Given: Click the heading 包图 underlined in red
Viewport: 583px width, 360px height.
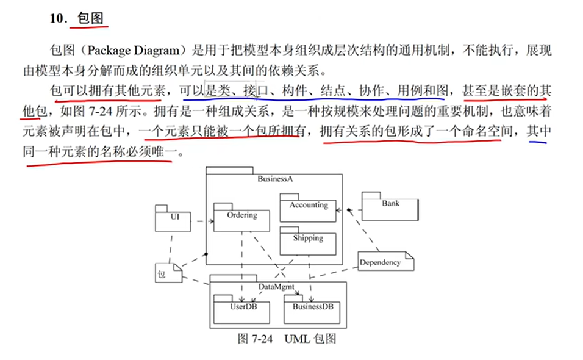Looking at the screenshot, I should tap(90, 19).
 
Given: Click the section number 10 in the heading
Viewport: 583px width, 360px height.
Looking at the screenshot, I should tap(57, 19).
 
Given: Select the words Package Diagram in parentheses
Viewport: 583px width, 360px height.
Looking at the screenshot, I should tap(134, 49).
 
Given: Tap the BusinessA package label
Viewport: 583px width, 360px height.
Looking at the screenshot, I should tap(274, 179).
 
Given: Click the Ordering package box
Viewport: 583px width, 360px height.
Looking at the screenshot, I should tap(241, 220).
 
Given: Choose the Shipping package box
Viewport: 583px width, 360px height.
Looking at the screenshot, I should tap(307, 242).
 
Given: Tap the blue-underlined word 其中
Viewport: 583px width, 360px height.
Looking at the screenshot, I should tap(539, 131).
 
